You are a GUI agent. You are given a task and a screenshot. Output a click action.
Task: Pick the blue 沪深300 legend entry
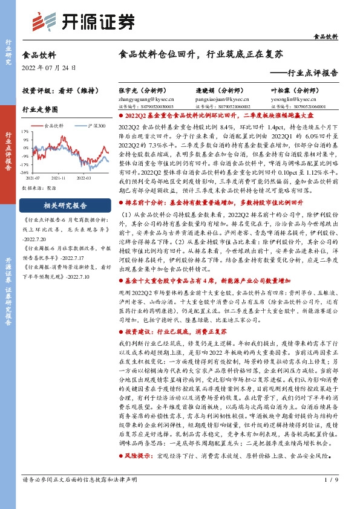(x=96, y=126)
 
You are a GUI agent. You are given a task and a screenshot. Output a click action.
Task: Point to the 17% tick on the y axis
(x=25, y=131)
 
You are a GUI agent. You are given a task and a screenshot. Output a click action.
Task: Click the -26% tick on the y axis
(x=25, y=172)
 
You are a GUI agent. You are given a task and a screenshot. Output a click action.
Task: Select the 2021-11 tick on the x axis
(x=59, y=178)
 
